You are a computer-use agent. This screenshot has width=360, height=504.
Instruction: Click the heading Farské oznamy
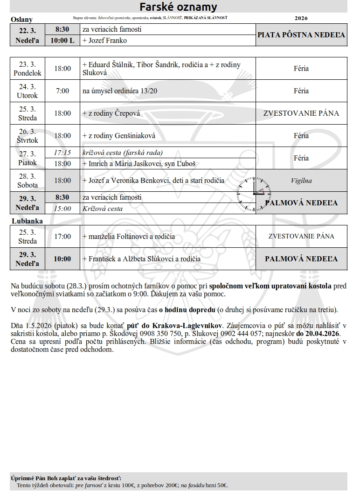[x=179, y=7]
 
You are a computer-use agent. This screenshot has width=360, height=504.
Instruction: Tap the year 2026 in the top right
[x=301, y=18]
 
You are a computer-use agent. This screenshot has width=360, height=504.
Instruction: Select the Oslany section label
[x=21, y=20]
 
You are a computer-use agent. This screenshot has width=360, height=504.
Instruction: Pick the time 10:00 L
[x=62, y=41]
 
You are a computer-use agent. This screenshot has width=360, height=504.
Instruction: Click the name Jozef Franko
[x=106, y=41]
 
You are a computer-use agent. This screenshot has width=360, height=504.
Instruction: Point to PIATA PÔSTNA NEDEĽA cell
[x=301, y=35]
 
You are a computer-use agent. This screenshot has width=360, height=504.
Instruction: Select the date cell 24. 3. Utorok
[x=28, y=91]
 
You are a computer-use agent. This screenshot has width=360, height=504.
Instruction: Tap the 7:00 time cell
[x=62, y=91]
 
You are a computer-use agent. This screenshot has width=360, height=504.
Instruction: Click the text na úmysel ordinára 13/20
[x=120, y=91]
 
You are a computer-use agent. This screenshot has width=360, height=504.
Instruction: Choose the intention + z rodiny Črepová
[x=111, y=113]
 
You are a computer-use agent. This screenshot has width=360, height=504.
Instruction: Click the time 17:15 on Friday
[x=62, y=153]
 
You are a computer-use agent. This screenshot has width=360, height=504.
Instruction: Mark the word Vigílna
[x=301, y=181]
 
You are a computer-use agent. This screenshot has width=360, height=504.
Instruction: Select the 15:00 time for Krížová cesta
[x=62, y=209]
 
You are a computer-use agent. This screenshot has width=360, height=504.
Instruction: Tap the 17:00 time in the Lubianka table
[x=62, y=237]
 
